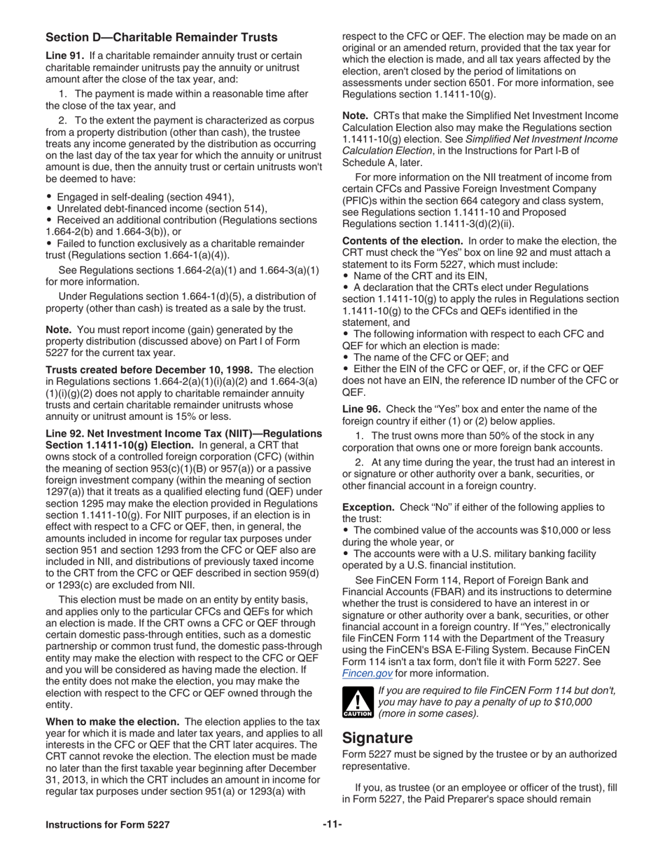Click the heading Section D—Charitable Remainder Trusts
click(x=161, y=37)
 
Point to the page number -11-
click(x=332, y=825)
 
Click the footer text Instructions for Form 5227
click(x=107, y=825)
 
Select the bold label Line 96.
click(x=361, y=409)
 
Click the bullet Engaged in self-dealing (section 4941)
click(x=145, y=197)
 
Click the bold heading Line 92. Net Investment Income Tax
click(x=183, y=434)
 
